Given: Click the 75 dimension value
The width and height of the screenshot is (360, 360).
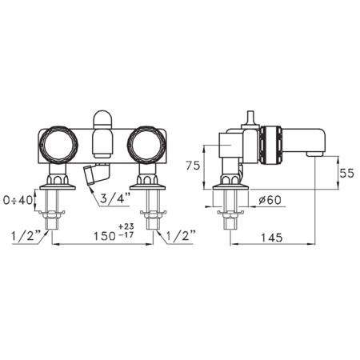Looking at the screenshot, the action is pos(193,166).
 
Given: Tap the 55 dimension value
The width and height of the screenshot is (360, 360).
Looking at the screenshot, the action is pos(346,173).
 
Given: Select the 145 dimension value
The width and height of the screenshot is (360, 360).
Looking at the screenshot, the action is pos(271,238).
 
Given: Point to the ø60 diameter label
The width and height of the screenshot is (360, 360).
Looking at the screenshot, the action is pos(270,200).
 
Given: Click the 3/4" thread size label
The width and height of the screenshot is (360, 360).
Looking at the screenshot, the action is pos(116,198).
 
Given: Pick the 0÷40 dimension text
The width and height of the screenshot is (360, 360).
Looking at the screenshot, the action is pos(18,200).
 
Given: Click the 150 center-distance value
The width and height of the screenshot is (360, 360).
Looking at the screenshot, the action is pos(104,236).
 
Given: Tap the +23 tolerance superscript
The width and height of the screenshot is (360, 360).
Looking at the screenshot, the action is pos(126,226).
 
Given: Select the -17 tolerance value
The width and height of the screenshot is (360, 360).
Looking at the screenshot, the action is pos(126,235).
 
